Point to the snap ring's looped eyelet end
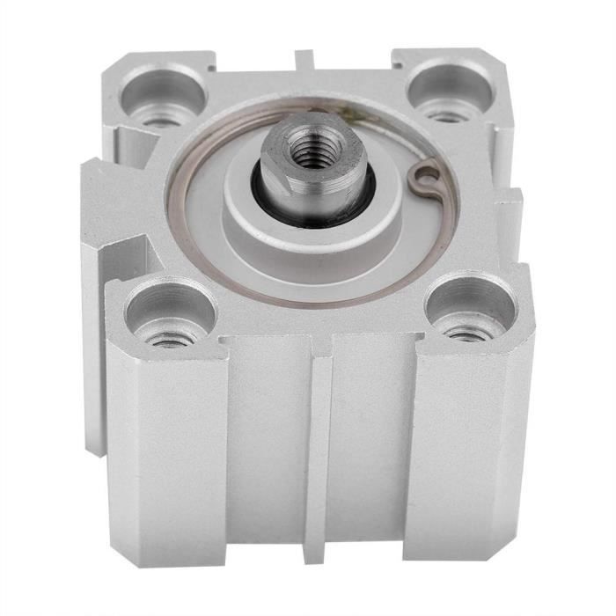click(x=424, y=180)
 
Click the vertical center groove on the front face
click(x=321, y=458)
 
